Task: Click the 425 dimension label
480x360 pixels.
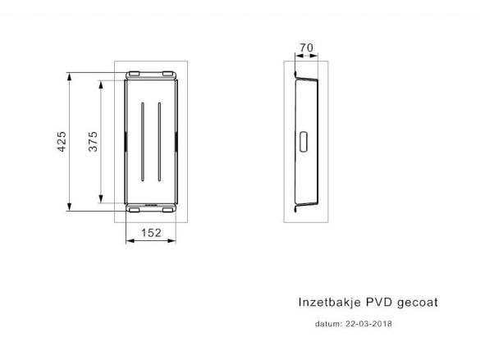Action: (x=62, y=142)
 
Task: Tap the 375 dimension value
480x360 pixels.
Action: (x=93, y=141)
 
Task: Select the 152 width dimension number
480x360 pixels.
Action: (x=151, y=233)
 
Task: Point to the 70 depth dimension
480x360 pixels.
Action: (x=306, y=48)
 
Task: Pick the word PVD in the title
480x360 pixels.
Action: (x=379, y=303)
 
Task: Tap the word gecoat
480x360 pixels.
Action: (x=418, y=303)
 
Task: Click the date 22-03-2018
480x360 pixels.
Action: (x=368, y=324)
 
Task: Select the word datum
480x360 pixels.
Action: (x=328, y=324)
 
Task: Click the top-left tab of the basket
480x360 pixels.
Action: (x=134, y=74)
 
